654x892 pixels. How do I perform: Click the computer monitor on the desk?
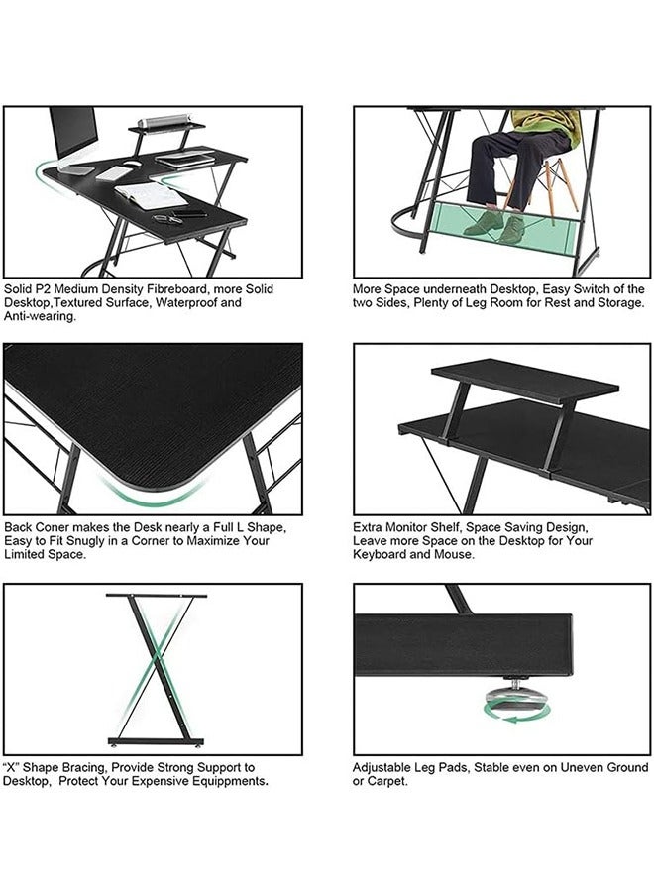(74, 137)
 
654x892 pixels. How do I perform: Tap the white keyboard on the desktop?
(114, 172)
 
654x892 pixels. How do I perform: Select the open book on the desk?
(151, 195)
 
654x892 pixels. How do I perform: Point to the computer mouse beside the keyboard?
(133, 164)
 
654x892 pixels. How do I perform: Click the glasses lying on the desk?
(167, 219)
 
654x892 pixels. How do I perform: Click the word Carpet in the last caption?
(387, 781)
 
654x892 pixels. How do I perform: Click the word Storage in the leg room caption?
(621, 302)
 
